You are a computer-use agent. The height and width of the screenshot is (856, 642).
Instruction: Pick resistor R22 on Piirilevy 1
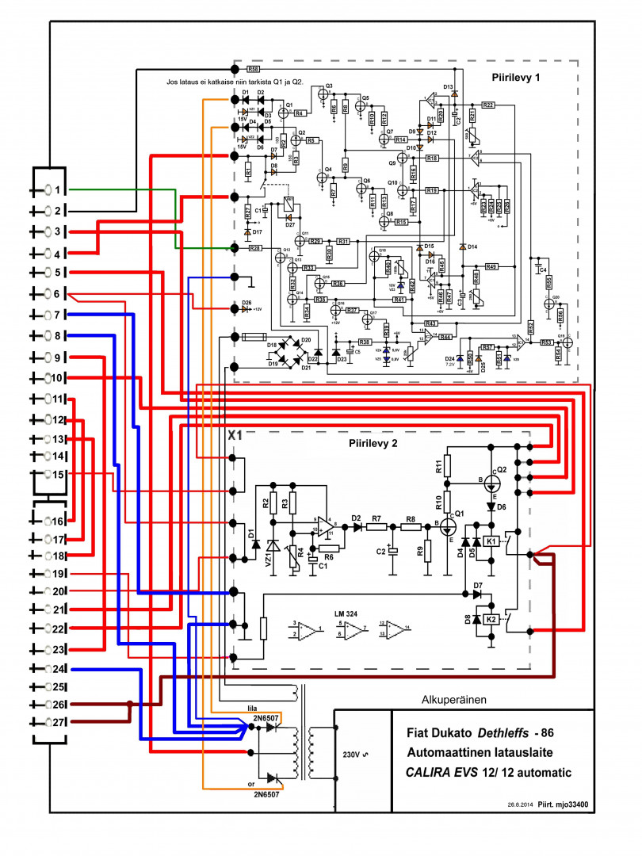coord(487,105)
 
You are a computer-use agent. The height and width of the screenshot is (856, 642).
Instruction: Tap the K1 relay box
coord(491,541)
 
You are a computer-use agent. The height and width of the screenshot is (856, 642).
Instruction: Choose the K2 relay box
coord(491,619)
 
